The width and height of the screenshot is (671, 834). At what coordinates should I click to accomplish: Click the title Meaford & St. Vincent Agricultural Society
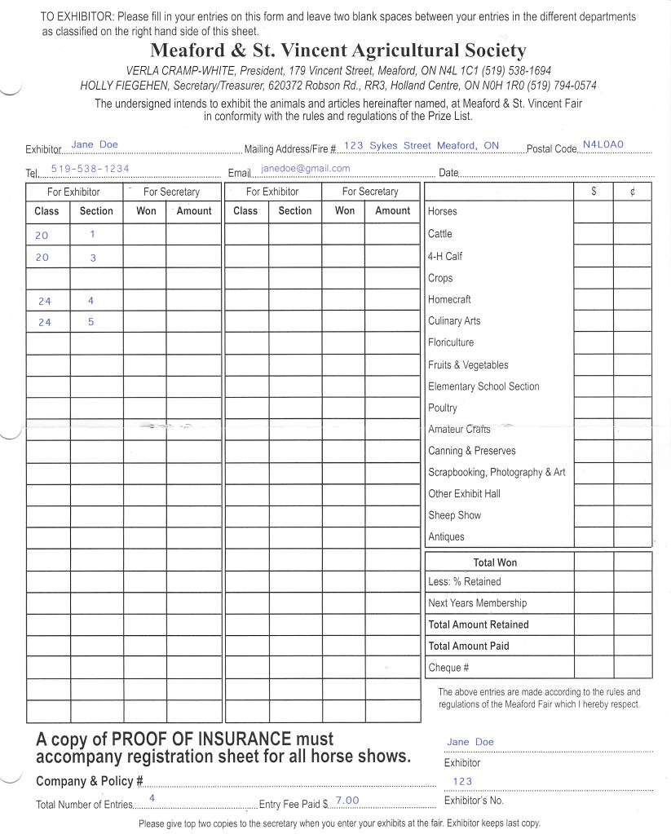pos(338,51)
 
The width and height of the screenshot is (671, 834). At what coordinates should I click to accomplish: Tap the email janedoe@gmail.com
pos(306,169)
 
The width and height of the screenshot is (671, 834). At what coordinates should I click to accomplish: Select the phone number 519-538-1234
pos(90,169)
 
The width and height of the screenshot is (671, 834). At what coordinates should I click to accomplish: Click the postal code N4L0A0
pos(603,144)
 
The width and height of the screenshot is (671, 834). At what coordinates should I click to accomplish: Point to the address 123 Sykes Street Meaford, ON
pos(421,145)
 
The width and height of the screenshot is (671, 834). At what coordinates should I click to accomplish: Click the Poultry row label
pos(443,408)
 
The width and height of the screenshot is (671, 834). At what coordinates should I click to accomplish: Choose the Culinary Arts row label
pos(454,321)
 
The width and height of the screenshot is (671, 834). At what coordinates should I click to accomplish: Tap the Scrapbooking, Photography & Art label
pos(497,472)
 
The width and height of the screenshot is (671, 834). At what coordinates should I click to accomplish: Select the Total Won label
pos(495,563)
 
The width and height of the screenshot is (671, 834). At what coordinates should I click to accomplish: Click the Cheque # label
pos(448,668)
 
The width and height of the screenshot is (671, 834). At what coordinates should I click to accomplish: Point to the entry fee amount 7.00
pos(347,801)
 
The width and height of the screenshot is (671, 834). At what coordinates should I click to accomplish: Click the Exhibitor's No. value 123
pos(462,781)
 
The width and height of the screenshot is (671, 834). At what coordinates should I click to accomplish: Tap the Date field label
pos(448,173)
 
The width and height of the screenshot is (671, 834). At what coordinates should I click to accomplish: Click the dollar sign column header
pos(594,192)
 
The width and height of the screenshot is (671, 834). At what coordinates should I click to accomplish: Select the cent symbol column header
pos(633,192)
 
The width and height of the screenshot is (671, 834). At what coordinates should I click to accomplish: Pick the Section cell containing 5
pos(91,321)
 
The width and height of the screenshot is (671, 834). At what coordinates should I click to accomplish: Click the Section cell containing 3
pos(92,257)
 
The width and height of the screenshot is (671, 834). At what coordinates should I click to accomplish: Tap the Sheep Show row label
pos(454,515)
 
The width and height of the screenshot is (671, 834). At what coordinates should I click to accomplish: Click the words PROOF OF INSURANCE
pos(201,739)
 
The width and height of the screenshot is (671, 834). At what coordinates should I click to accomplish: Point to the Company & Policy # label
pos(90,781)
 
